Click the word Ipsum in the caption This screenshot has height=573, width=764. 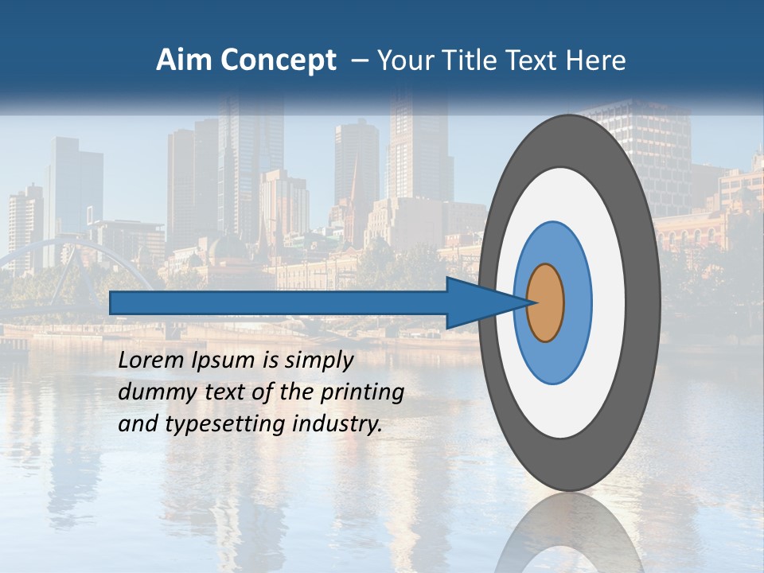(224, 361)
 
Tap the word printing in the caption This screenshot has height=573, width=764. (361, 393)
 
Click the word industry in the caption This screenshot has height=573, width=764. (337, 424)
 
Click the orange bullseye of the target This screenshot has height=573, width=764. (545, 302)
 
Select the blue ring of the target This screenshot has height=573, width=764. (576, 302)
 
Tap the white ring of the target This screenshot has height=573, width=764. (609, 302)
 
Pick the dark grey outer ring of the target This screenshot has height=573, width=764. (643, 302)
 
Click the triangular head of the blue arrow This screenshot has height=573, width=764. (477, 302)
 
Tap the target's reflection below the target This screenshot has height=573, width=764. (570, 533)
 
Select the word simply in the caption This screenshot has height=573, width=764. (319, 361)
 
